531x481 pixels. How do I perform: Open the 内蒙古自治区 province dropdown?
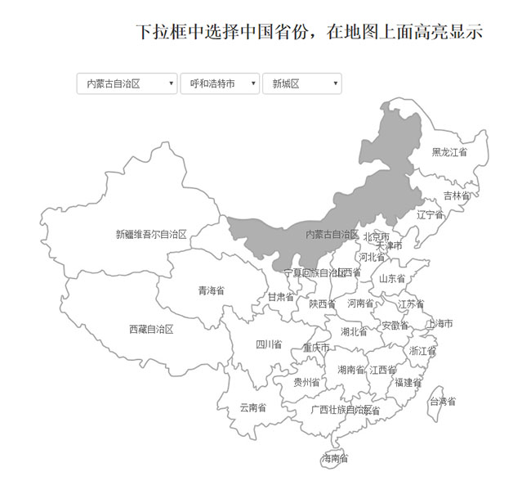click(x=127, y=83)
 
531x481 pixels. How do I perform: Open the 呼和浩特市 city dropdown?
click(x=220, y=83)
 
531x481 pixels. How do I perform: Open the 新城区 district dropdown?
click(x=301, y=83)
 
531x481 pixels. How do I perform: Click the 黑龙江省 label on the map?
click(x=449, y=152)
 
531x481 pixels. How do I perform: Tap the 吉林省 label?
click(x=457, y=196)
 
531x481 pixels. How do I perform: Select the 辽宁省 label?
click(x=430, y=215)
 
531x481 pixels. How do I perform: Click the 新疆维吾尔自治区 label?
click(x=151, y=235)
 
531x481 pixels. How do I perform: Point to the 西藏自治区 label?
click(x=151, y=329)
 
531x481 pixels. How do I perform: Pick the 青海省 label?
click(x=211, y=290)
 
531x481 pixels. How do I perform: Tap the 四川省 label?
click(x=269, y=344)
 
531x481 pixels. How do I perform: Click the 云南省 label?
click(x=252, y=407)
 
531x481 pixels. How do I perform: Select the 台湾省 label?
click(x=443, y=402)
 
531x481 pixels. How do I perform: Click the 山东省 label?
click(x=392, y=279)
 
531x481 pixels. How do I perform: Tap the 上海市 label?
click(x=440, y=324)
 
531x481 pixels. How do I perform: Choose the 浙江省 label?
click(x=422, y=351)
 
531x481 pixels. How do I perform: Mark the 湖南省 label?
click(x=351, y=370)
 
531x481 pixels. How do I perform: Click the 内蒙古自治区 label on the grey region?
click(x=332, y=235)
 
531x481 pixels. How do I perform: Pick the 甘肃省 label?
click(x=281, y=297)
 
